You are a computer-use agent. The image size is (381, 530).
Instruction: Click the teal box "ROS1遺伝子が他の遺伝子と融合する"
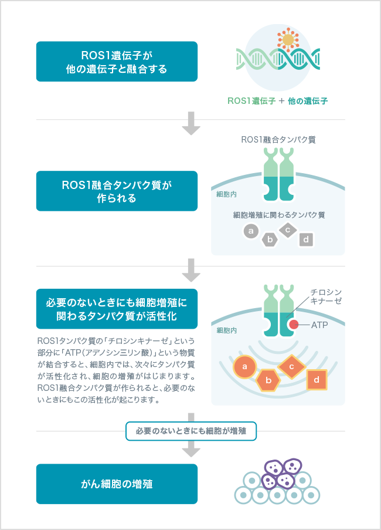tap(117, 62)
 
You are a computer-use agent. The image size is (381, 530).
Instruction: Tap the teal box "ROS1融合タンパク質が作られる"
tap(117, 191)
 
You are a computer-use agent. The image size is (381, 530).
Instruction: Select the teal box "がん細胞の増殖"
tap(117, 484)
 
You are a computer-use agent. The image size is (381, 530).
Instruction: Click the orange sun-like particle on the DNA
tap(288, 40)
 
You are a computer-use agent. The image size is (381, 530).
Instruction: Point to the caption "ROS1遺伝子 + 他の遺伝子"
tap(278, 101)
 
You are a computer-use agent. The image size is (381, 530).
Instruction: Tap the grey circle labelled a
tap(251, 231)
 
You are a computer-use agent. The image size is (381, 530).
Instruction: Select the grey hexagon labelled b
tap(270, 239)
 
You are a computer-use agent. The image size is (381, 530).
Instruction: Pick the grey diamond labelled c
tap(288, 230)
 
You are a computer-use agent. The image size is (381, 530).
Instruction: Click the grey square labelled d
tap(306, 239)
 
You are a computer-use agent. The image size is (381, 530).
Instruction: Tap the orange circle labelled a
tap(244, 368)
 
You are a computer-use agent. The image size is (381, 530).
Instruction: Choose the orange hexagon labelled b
tap(268, 380)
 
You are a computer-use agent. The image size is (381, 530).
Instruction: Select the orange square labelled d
tap(317, 380)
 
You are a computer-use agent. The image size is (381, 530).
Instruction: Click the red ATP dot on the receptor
tap(292, 325)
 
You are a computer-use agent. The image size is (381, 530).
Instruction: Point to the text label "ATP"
tap(319, 325)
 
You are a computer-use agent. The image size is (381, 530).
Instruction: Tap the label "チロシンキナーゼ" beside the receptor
tap(326, 296)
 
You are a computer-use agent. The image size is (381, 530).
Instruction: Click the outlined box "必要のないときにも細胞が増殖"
tap(190, 431)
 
